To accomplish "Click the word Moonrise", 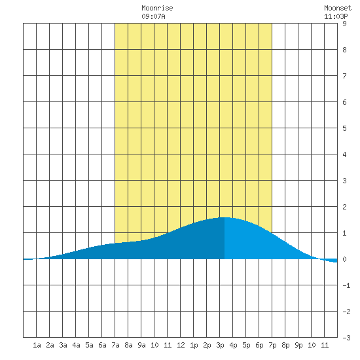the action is coord(157,8).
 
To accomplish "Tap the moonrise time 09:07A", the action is coord(153,16).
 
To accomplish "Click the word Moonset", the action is coord(338,8).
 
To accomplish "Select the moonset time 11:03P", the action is coord(336,16).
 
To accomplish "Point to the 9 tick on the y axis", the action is coord(344,24).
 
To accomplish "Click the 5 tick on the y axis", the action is coord(344,128).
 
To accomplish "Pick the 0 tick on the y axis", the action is coord(344,259).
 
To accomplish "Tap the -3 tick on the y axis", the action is coord(346,338).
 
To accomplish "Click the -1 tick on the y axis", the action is coord(346,285).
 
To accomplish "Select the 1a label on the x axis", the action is coord(37,345).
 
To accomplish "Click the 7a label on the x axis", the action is coord(115,345).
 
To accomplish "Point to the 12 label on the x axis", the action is coord(181,345).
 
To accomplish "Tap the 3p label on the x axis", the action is coord(220,345).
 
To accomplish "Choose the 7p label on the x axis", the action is coord(272,345).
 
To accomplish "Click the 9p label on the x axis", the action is coord(298,345).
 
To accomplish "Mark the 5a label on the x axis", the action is coord(89,345).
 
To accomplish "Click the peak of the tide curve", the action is coord(225,217).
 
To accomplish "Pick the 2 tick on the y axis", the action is coord(344,207).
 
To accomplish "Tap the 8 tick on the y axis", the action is coord(344,50).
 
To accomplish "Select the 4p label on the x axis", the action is coord(233,345).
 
